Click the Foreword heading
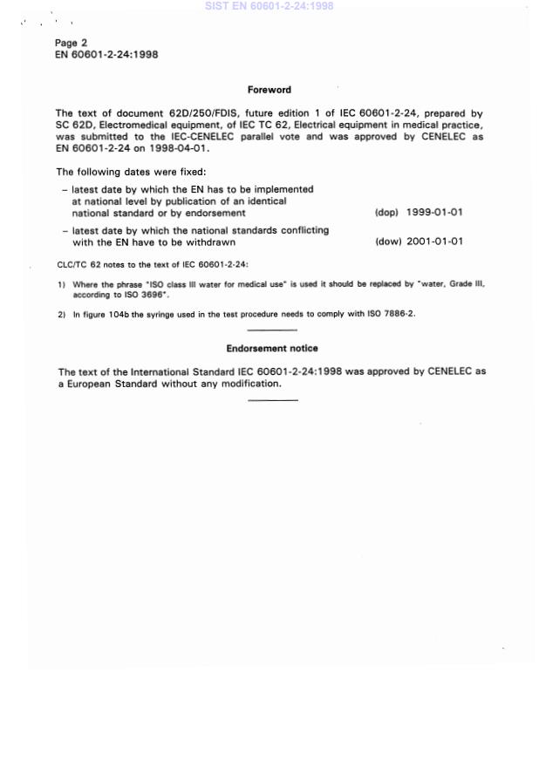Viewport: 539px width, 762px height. click(269, 90)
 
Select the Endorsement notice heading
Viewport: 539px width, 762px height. click(272, 349)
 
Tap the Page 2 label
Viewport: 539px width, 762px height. click(72, 43)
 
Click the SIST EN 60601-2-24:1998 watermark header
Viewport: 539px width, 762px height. click(269, 6)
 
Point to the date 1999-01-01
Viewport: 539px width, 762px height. click(434, 213)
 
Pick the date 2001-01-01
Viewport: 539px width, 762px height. click(434, 242)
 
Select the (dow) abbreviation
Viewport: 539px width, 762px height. click(388, 242)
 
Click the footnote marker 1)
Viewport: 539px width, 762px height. click(62, 284)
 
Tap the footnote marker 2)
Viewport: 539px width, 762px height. click(62, 314)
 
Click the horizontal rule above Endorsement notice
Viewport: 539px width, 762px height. click(272, 330)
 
